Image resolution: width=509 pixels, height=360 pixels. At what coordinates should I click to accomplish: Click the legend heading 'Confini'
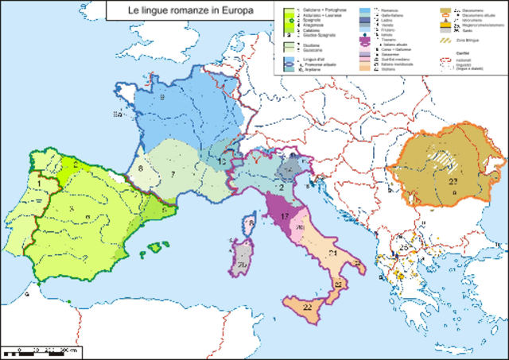pos(460,53)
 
